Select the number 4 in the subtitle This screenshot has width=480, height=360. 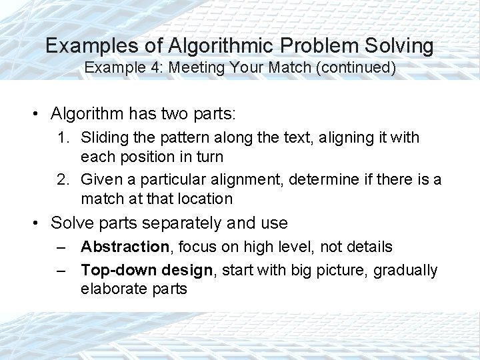point(167,68)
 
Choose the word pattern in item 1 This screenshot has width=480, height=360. point(173,137)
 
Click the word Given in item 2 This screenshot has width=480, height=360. point(100,179)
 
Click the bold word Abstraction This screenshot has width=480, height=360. point(125,247)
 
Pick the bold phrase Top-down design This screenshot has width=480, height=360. point(138,269)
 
